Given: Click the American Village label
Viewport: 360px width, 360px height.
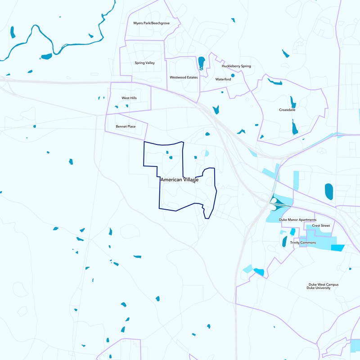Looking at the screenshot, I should pyautogui.click(x=179, y=180).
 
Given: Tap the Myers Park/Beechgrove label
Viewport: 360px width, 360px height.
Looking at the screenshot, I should pyautogui.click(x=151, y=22).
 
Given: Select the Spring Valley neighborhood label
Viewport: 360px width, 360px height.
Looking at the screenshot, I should pyautogui.click(x=144, y=63).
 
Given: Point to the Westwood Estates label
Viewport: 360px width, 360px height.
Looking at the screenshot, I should pyautogui.click(x=184, y=77).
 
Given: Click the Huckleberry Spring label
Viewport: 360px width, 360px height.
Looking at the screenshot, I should pyautogui.click(x=236, y=66).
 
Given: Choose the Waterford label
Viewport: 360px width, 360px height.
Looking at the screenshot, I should pyautogui.click(x=223, y=79).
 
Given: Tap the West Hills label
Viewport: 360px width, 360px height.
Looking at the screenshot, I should pyautogui.click(x=129, y=98).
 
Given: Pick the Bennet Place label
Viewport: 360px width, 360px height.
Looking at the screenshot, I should pyautogui.click(x=126, y=126).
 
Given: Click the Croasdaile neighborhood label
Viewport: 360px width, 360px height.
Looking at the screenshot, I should pyautogui.click(x=287, y=109).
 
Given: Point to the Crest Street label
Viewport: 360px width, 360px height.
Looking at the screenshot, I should pyautogui.click(x=321, y=225).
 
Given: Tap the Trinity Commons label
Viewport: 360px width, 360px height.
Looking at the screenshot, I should pyautogui.click(x=303, y=243).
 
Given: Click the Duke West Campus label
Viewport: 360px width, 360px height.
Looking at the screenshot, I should pyautogui.click(x=323, y=284).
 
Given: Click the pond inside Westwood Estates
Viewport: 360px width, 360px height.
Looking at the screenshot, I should pyautogui.click(x=201, y=63).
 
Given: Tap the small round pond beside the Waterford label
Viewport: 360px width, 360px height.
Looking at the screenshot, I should pyautogui.click(x=233, y=75).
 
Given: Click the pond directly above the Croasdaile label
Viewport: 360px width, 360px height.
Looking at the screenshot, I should pyautogui.click(x=293, y=102).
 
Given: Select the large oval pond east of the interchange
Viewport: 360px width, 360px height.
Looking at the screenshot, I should pyautogui.click(x=329, y=191).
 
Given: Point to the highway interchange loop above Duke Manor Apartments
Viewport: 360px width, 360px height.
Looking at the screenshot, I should pyautogui.click(x=273, y=201).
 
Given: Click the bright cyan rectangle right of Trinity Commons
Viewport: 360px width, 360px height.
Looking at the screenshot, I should pyautogui.click(x=337, y=247).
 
